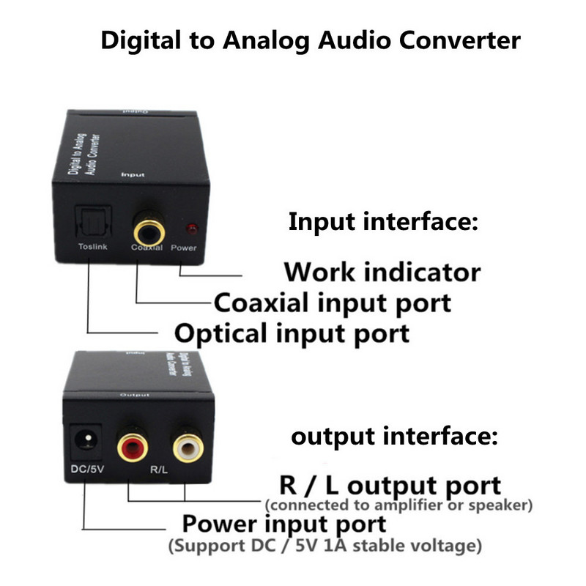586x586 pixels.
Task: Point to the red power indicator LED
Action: pos(192,229)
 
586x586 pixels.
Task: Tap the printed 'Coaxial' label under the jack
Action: pos(146,248)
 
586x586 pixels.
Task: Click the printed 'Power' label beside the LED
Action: pos(184,248)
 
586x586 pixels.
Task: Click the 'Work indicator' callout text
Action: pos(382,272)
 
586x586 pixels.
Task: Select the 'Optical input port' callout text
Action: pos(292,333)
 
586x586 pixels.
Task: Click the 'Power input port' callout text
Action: pos(283,524)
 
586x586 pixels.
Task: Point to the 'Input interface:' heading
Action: pos(383,221)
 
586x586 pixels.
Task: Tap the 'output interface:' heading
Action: pos(395,437)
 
